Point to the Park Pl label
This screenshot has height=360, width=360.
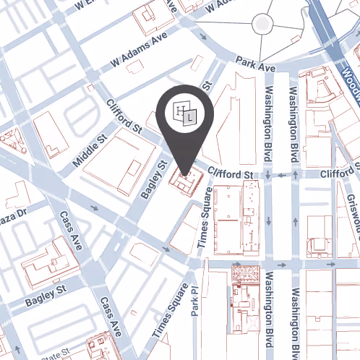194,302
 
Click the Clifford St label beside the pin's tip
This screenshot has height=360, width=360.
229,174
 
